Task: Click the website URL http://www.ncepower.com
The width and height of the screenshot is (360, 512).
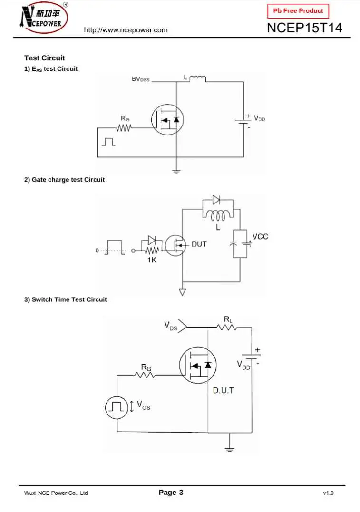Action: tap(126, 30)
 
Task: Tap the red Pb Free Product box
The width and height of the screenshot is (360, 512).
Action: tap(298, 11)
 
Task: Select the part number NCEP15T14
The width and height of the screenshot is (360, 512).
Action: tap(304, 28)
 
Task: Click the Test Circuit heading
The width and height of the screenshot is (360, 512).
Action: tap(45, 58)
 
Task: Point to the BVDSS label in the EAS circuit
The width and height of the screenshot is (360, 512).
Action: tap(140, 79)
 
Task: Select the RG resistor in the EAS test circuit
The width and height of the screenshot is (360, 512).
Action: tap(125, 127)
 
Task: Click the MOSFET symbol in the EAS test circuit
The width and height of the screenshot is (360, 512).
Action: tap(167, 119)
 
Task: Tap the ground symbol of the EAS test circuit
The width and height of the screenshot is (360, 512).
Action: tap(176, 171)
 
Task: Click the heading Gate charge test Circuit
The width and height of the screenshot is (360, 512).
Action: tap(65, 180)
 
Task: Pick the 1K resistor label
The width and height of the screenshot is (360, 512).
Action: tap(152, 260)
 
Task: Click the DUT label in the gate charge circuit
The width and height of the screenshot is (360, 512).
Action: tap(199, 244)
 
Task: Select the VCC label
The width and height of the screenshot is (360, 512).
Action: tap(260, 237)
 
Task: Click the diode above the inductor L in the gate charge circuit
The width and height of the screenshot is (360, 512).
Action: tap(216, 200)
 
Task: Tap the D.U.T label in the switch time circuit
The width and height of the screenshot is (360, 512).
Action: tap(223, 391)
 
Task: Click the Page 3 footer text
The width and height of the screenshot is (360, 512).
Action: tap(171, 493)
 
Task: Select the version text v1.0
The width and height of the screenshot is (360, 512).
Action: tap(328, 493)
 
